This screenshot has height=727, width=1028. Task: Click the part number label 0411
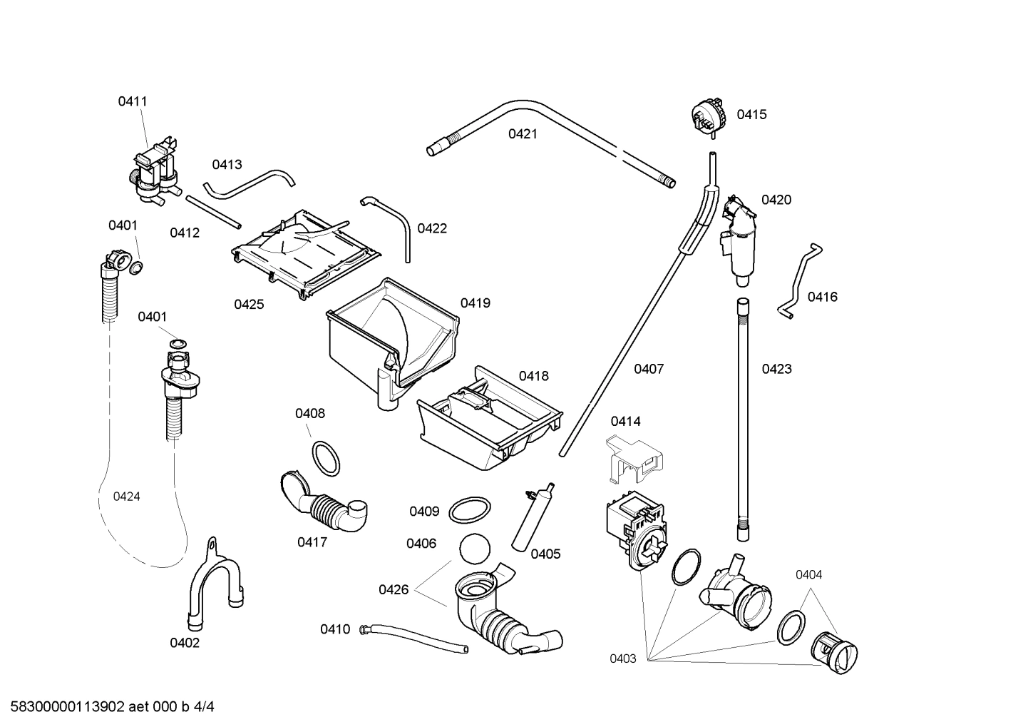click(133, 101)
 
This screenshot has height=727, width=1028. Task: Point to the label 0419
click(475, 303)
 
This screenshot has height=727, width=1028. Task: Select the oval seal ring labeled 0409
click(471, 511)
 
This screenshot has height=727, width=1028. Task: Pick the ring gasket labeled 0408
click(326, 458)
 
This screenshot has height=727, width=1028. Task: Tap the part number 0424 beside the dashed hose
click(126, 497)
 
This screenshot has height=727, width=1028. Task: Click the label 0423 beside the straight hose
click(776, 369)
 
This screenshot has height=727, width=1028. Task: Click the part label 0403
click(622, 659)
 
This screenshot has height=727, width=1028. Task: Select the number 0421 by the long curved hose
click(523, 134)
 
